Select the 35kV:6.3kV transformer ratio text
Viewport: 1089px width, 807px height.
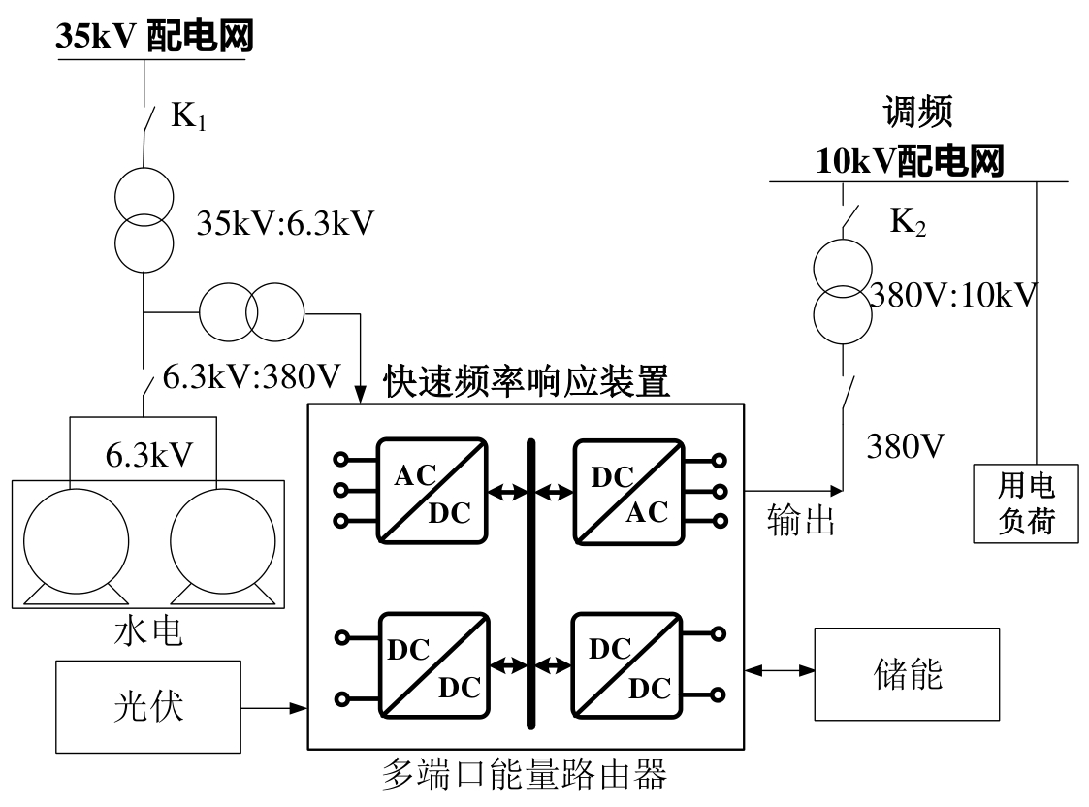(x=284, y=225)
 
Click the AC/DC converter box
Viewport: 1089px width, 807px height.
(x=432, y=491)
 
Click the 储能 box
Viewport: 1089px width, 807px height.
(x=907, y=674)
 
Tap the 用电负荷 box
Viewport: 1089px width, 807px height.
(x=1026, y=502)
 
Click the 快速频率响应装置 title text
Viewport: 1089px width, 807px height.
(x=526, y=381)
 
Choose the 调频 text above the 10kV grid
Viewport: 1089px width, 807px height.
(x=917, y=113)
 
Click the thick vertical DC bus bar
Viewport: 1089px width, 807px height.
(x=529, y=582)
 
